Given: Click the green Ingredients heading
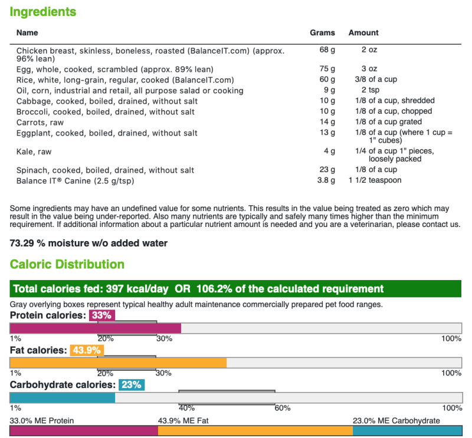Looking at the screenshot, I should pos(43,12).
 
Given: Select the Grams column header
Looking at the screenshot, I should pos(322,33).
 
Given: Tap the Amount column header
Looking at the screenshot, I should pos(363,33).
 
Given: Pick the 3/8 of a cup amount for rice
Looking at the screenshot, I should pos(368,80).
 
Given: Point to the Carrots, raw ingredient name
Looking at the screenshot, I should pos(38,122).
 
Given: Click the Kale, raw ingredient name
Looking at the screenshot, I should pos(34,152).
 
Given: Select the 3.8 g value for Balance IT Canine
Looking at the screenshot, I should pos(326,180).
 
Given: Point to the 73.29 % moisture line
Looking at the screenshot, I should pos(88,243).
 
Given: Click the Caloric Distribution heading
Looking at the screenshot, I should pos(67,264).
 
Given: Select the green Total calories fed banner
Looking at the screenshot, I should pos(235,289).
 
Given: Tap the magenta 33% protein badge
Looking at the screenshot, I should pos(101,315).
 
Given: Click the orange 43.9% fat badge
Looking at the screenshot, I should pos(87,350).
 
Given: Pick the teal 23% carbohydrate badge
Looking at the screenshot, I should pos(132,385).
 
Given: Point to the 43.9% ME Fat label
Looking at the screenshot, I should pos(183,420).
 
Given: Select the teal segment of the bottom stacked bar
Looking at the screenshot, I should pos(407,431).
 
